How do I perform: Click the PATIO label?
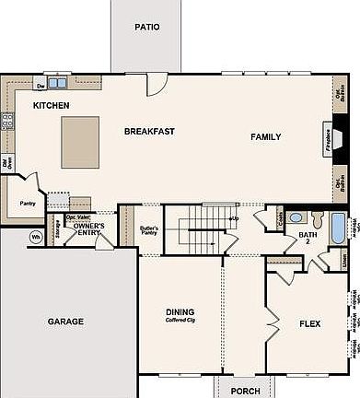[146, 27]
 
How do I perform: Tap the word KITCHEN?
[52, 106]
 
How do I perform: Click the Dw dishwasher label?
[41, 85]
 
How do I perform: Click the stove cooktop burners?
[7, 120]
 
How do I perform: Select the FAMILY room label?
[266, 137]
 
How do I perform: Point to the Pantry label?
[27, 204]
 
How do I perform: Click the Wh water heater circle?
[36, 236]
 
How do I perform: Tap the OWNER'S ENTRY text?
[89, 229]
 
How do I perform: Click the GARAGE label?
[65, 322]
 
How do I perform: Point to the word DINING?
[180, 311]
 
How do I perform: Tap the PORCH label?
[245, 389]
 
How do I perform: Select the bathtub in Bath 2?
[337, 227]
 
